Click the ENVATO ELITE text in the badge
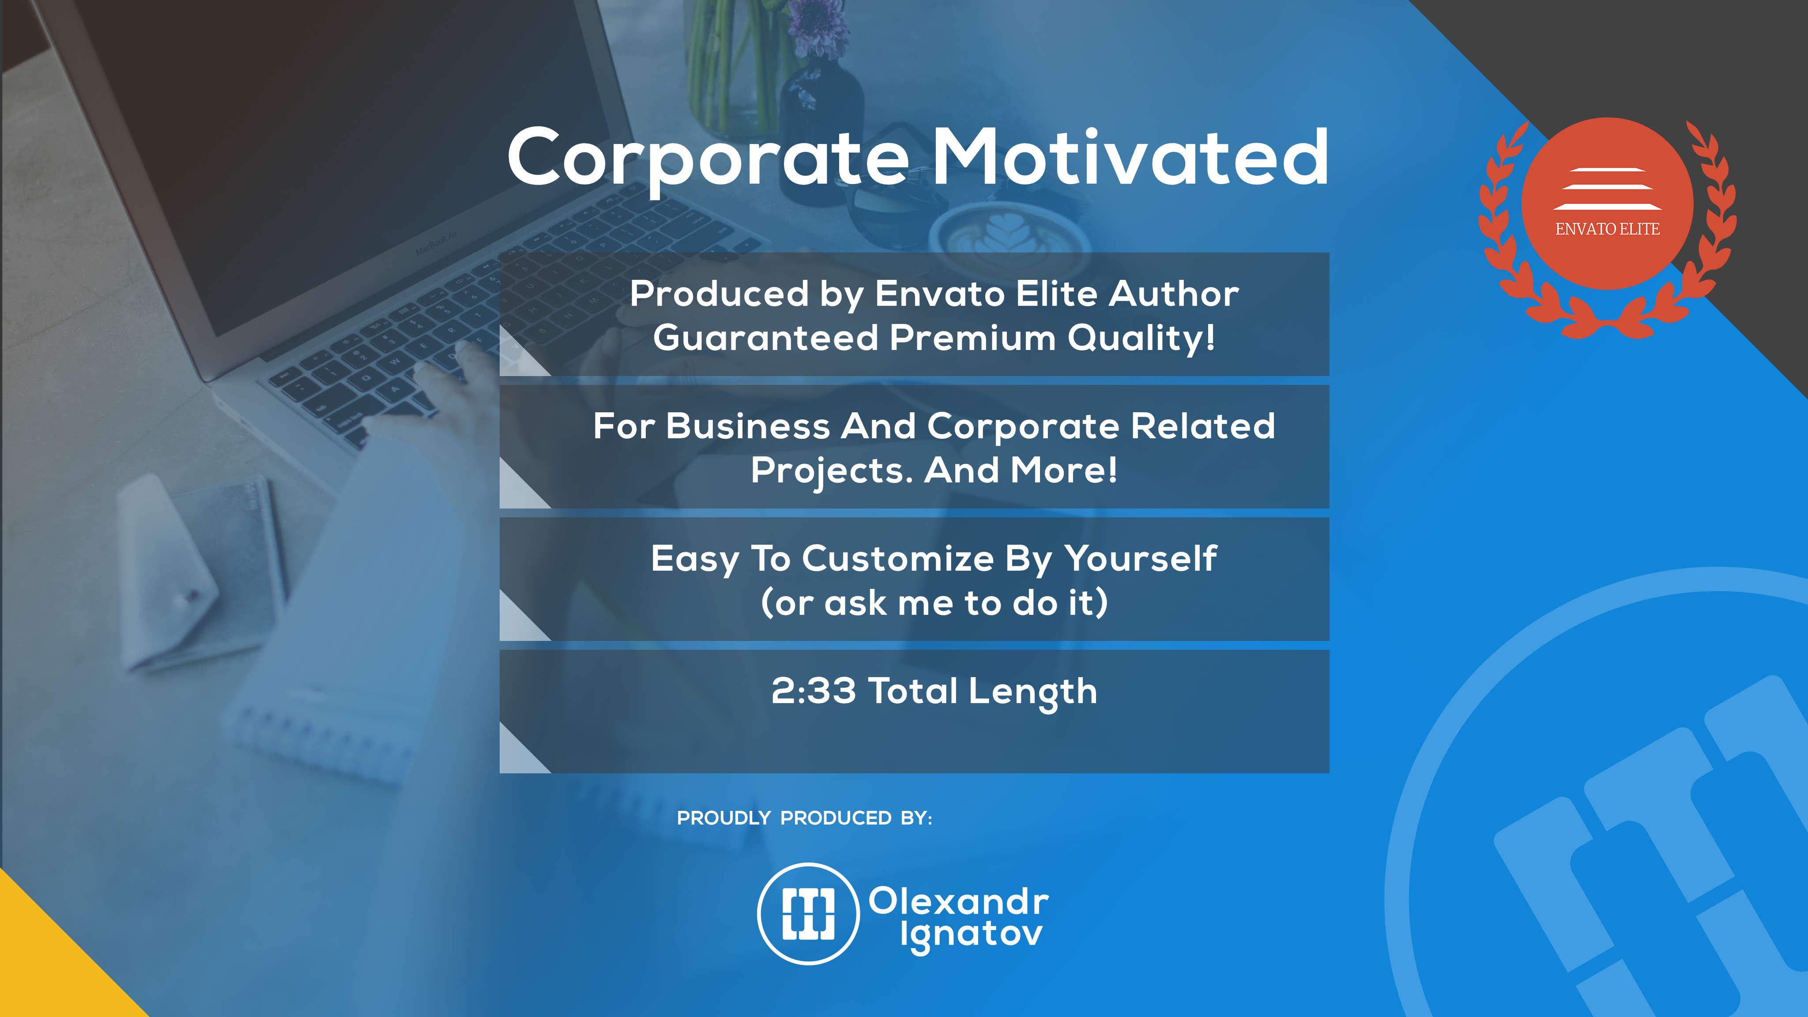pos(1607,229)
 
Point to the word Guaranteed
pos(765,338)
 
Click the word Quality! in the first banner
pos(1141,338)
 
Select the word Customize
pos(898,559)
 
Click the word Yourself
pos(1141,559)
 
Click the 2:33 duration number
pos(814,691)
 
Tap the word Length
pos(1033,693)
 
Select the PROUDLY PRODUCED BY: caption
pos(804,817)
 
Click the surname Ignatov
pos(972,936)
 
